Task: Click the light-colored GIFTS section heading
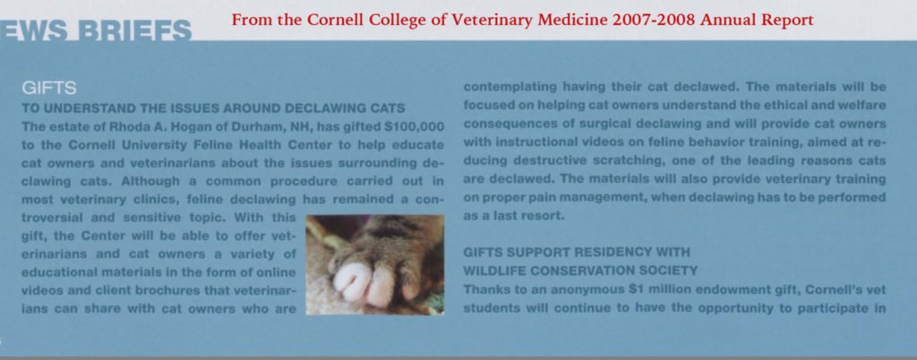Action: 49,89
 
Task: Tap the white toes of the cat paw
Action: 364,283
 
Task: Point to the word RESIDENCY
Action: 621,253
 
